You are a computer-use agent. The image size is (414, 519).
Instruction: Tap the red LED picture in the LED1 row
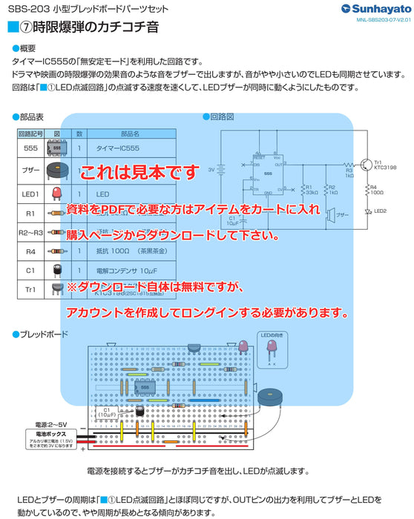coord(56,193)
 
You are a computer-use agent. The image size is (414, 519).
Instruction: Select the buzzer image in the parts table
coord(57,170)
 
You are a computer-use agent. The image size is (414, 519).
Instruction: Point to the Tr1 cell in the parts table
coord(31,291)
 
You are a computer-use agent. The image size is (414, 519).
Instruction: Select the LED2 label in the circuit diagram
coord(381,211)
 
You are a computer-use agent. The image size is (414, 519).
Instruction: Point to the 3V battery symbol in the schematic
coord(220,170)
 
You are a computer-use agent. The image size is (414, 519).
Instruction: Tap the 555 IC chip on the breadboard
coord(145,388)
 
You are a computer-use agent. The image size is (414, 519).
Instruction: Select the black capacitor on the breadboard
coord(139,410)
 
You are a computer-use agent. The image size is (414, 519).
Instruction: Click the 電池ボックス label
coord(50,432)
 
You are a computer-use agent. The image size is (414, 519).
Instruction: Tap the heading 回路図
coord(222,116)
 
